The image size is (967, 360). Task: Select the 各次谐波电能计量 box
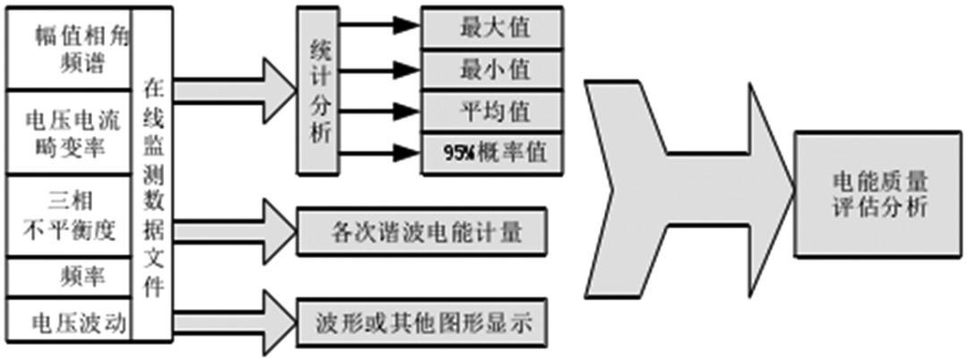coord(421,232)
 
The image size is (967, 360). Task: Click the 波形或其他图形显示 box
coord(421,321)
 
